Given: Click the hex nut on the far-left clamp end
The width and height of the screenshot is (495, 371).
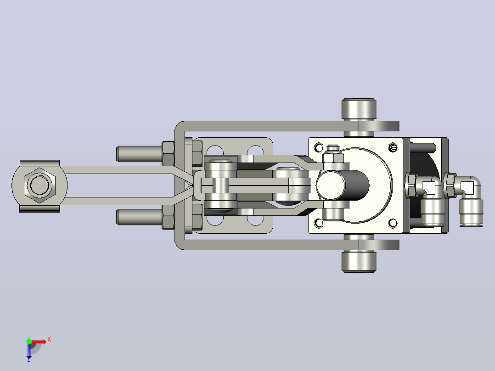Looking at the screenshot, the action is pos(39,185).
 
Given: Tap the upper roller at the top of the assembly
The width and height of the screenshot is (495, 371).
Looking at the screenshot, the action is pos(359,109).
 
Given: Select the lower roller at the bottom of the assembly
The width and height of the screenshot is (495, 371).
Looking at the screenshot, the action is pos(359,261).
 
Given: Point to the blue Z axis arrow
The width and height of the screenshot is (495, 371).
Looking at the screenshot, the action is pos(29,352).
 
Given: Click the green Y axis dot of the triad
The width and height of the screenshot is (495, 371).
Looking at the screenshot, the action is pos(29,341).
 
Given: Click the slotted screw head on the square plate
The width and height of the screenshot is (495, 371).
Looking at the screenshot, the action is pos(393,147).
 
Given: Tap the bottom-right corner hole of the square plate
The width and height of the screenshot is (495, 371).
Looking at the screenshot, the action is pos(393,223).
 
